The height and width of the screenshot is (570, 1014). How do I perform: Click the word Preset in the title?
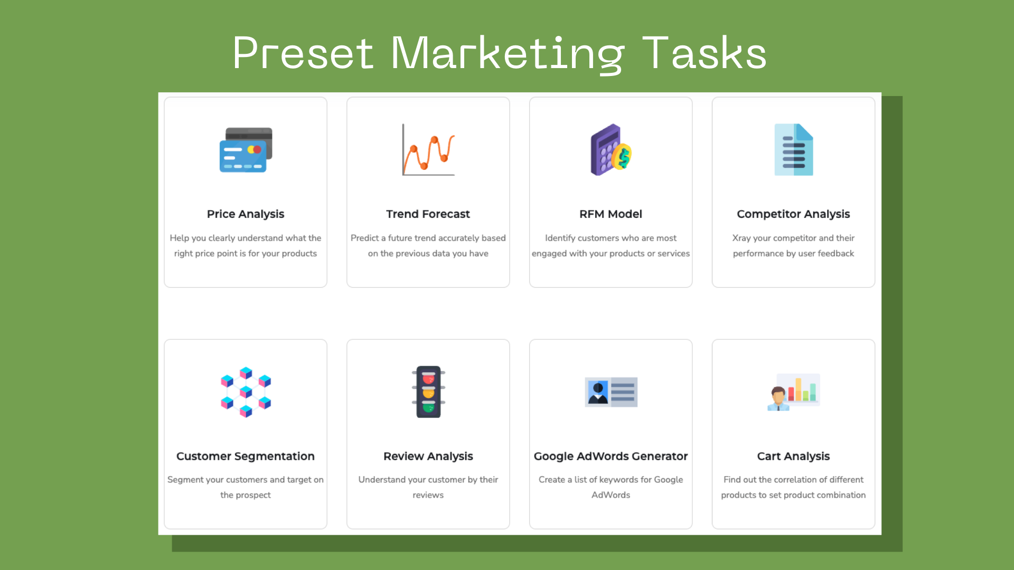[303, 53]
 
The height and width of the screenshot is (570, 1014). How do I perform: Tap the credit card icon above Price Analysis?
[246, 150]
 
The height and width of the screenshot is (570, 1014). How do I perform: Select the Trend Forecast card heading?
[428, 214]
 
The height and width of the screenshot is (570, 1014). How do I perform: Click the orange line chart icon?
[428, 150]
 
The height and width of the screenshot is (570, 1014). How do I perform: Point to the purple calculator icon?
[606, 150]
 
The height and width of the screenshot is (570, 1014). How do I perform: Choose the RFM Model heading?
[611, 214]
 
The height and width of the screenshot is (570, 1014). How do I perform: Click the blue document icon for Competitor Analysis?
[793, 150]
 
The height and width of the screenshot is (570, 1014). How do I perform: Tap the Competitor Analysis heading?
[793, 214]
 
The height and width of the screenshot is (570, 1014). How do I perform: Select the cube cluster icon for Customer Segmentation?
[246, 392]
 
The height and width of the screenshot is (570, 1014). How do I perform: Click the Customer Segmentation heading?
[246, 456]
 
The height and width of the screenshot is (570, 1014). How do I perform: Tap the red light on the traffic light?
[428, 378]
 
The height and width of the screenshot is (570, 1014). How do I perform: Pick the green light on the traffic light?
[428, 407]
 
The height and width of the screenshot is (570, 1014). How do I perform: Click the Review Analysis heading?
[428, 456]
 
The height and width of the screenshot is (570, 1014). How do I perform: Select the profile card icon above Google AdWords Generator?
[611, 392]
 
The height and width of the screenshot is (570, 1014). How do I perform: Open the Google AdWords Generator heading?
[611, 456]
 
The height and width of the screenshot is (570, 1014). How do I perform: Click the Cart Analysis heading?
[793, 456]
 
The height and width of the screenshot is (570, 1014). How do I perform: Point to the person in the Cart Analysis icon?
[778, 399]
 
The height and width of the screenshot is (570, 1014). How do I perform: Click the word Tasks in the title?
[705, 53]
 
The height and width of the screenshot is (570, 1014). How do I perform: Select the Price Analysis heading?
[246, 214]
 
